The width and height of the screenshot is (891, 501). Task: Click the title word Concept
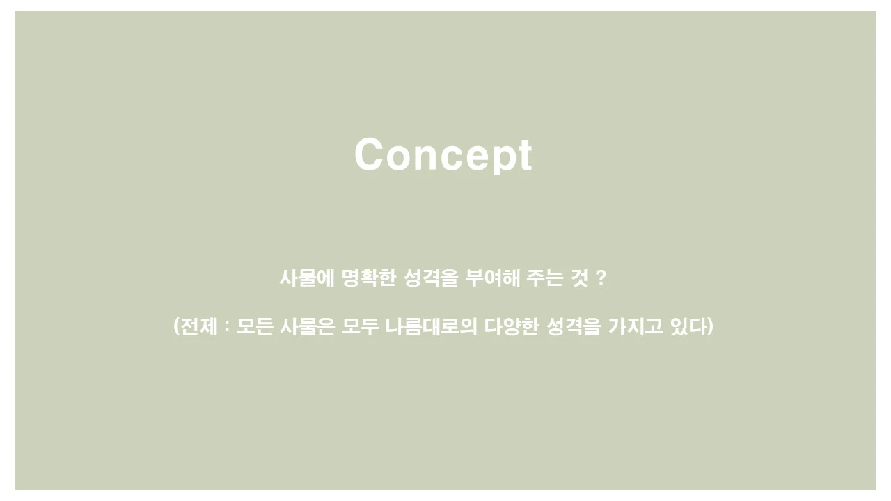443,154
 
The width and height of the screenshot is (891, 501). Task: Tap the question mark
602,278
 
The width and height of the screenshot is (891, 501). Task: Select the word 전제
200,326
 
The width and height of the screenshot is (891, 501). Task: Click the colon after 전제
227,326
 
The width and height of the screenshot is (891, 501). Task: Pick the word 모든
254,326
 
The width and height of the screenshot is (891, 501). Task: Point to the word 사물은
307,326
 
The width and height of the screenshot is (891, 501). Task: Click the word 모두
360,326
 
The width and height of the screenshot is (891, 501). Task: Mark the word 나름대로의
431,326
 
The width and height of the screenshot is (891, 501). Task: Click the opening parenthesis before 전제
176,326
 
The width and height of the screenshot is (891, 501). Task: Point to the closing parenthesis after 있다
710,326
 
